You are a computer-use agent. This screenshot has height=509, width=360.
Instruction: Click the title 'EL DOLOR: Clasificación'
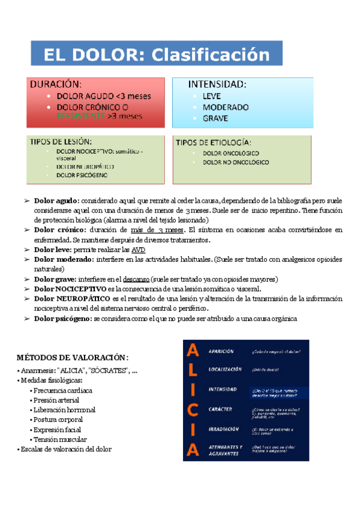click(157, 55)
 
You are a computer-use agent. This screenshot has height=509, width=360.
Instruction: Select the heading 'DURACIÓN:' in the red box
click(56, 84)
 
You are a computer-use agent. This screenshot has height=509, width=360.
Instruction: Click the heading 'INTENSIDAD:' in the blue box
click(217, 84)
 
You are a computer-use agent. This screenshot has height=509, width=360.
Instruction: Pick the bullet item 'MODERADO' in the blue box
click(225, 107)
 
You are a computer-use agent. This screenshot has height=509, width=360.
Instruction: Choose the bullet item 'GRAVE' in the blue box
click(215, 118)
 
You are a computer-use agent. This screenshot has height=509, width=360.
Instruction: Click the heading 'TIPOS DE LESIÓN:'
click(65, 142)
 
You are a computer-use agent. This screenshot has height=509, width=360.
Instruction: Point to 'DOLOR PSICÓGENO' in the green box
click(82, 175)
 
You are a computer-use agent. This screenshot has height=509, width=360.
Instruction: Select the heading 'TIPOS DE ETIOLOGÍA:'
click(214, 143)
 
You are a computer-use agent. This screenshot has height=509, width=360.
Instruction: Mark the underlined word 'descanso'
click(137, 279)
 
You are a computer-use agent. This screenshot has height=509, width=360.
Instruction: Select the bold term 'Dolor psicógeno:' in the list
click(63, 318)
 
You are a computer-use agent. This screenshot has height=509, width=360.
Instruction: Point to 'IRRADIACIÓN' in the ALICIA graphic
click(223, 429)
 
